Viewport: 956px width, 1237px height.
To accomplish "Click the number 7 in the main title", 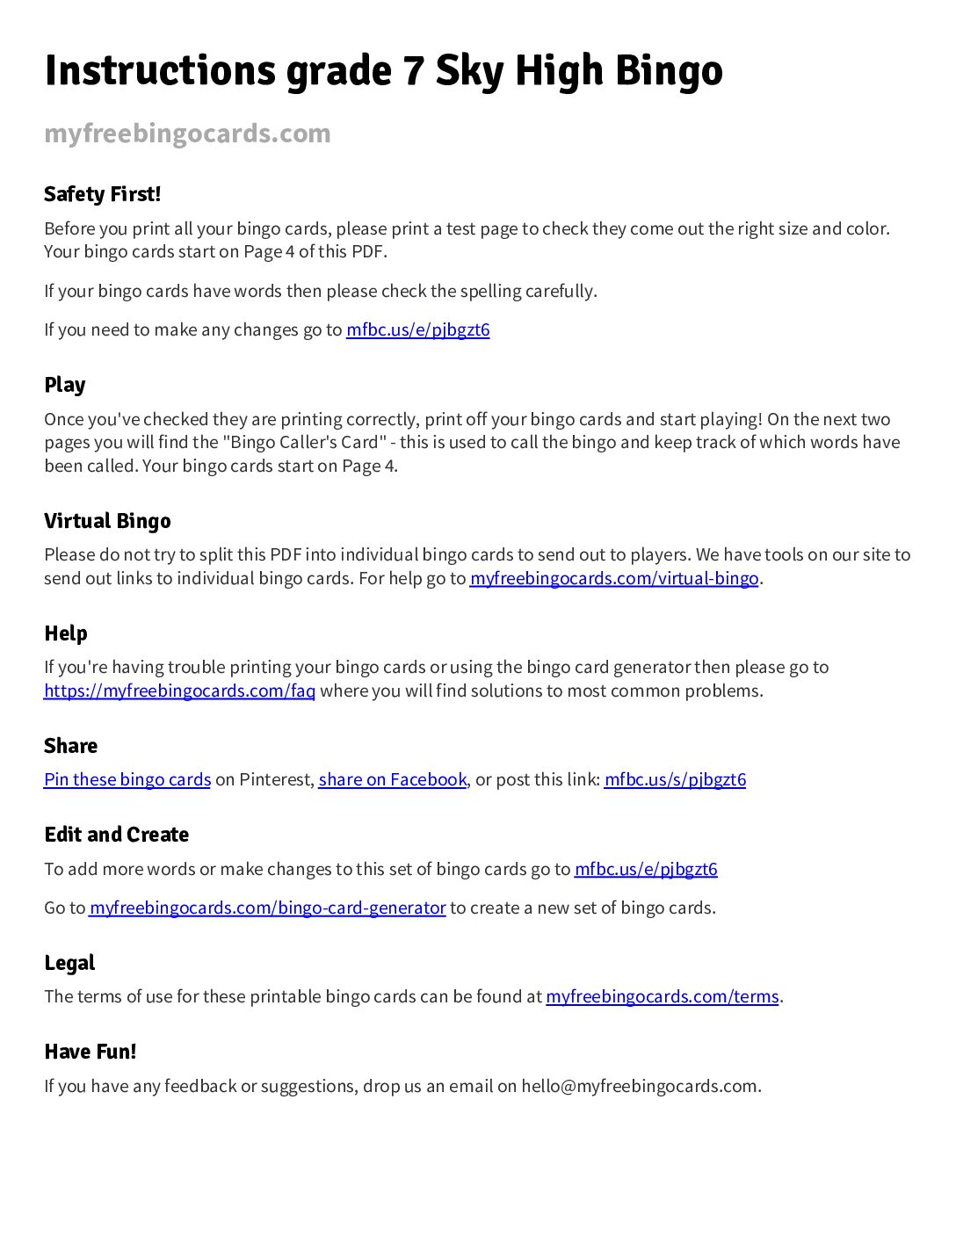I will (x=412, y=71).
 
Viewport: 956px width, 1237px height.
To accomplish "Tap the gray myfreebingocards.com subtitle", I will (x=187, y=134).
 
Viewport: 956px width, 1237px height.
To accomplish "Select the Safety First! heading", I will (x=102, y=194).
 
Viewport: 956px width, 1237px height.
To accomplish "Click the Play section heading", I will (x=65, y=385).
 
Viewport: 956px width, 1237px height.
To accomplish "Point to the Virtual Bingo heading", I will (x=107, y=521).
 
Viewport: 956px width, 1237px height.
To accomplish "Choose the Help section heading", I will (x=66, y=633).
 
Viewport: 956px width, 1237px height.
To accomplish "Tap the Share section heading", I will (x=70, y=746).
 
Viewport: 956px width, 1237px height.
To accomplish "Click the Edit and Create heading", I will (x=116, y=835).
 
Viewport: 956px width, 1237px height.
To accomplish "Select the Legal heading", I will (x=69, y=963).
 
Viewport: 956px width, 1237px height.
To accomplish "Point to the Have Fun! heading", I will (x=90, y=1052).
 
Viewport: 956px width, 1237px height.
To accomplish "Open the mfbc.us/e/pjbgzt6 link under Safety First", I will (x=417, y=330).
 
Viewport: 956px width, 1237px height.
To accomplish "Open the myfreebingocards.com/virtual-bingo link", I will (x=613, y=578).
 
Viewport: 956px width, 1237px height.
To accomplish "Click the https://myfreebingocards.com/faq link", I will (x=179, y=691).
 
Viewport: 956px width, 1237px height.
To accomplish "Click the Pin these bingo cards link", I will (x=127, y=779).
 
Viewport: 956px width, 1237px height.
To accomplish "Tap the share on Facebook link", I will (x=392, y=779).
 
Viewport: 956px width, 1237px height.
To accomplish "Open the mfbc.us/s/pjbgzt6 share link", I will (x=675, y=779).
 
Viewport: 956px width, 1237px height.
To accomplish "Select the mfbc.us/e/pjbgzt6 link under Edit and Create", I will (x=646, y=869).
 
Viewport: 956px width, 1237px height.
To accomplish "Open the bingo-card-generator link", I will (x=267, y=908).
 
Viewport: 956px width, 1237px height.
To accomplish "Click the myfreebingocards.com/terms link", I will (x=662, y=996).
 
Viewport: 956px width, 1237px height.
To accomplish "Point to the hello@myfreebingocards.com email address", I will (x=639, y=1086).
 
